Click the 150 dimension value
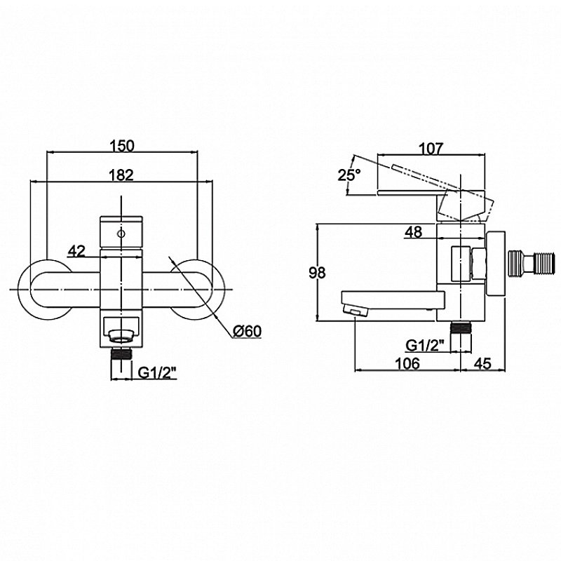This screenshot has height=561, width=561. click(x=121, y=146)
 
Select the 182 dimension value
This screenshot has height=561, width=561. click(x=121, y=175)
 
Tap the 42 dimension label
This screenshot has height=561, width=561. click(x=76, y=251)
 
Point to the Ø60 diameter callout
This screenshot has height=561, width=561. click(x=248, y=331)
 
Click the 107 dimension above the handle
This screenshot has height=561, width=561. click(x=431, y=149)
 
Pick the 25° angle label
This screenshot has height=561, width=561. click(x=349, y=175)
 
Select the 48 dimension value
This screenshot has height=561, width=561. click(x=413, y=232)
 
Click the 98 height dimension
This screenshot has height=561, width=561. click(x=317, y=273)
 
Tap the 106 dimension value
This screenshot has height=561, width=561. click(x=407, y=363)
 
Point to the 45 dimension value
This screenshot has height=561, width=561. click(x=482, y=363)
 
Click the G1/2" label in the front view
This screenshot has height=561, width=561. click(x=158, y=373)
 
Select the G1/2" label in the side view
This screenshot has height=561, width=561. click(x=426, y=345)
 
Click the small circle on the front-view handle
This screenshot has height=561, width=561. click(x=121, y=234)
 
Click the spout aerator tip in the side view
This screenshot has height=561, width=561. click(x=355, y=309)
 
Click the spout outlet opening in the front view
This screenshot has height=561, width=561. click(x=121, y=335)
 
